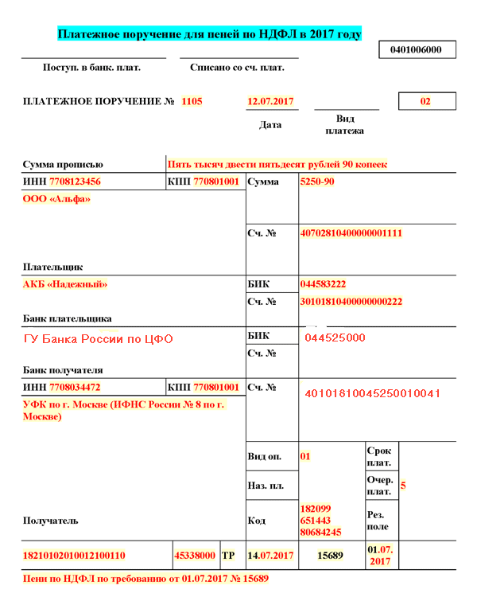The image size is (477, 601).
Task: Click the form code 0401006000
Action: coord(421,50)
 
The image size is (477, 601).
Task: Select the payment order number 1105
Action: coord(192,102)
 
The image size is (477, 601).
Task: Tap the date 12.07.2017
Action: coord(271,102)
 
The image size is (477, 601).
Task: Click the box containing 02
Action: coord(426,102)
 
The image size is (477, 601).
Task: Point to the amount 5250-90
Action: coord(317,182)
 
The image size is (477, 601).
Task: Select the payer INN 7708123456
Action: coord(76,182)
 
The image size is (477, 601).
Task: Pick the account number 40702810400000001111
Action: coord(351,234)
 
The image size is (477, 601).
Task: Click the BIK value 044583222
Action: coord(323,284)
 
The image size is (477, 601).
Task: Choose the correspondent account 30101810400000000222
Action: coord(351,302)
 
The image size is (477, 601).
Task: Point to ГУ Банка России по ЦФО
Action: coord(99,339)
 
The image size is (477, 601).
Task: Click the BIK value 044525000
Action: coord(335,338)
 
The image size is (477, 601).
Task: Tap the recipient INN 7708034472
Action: coord(76,388)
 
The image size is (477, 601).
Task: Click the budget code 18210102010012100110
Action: coord(74,555)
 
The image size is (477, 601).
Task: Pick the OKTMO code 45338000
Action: coord(196,555)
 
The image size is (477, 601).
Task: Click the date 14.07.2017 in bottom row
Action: coord(272,555)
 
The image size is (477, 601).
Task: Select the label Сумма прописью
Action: coord(63,165)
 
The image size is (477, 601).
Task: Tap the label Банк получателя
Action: coord(63,370)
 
